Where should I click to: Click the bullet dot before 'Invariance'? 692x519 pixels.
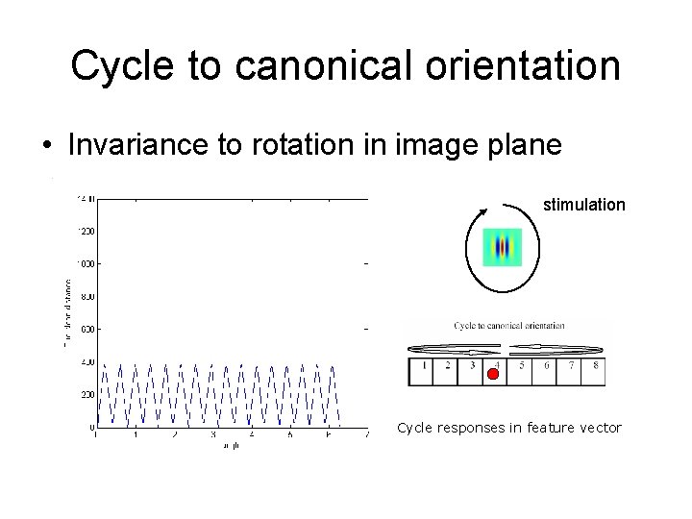46,145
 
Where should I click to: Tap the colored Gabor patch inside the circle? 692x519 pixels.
501,248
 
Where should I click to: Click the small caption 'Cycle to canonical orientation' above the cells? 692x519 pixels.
508,326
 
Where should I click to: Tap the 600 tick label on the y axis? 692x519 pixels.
86,329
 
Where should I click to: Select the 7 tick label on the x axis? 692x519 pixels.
368,435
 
